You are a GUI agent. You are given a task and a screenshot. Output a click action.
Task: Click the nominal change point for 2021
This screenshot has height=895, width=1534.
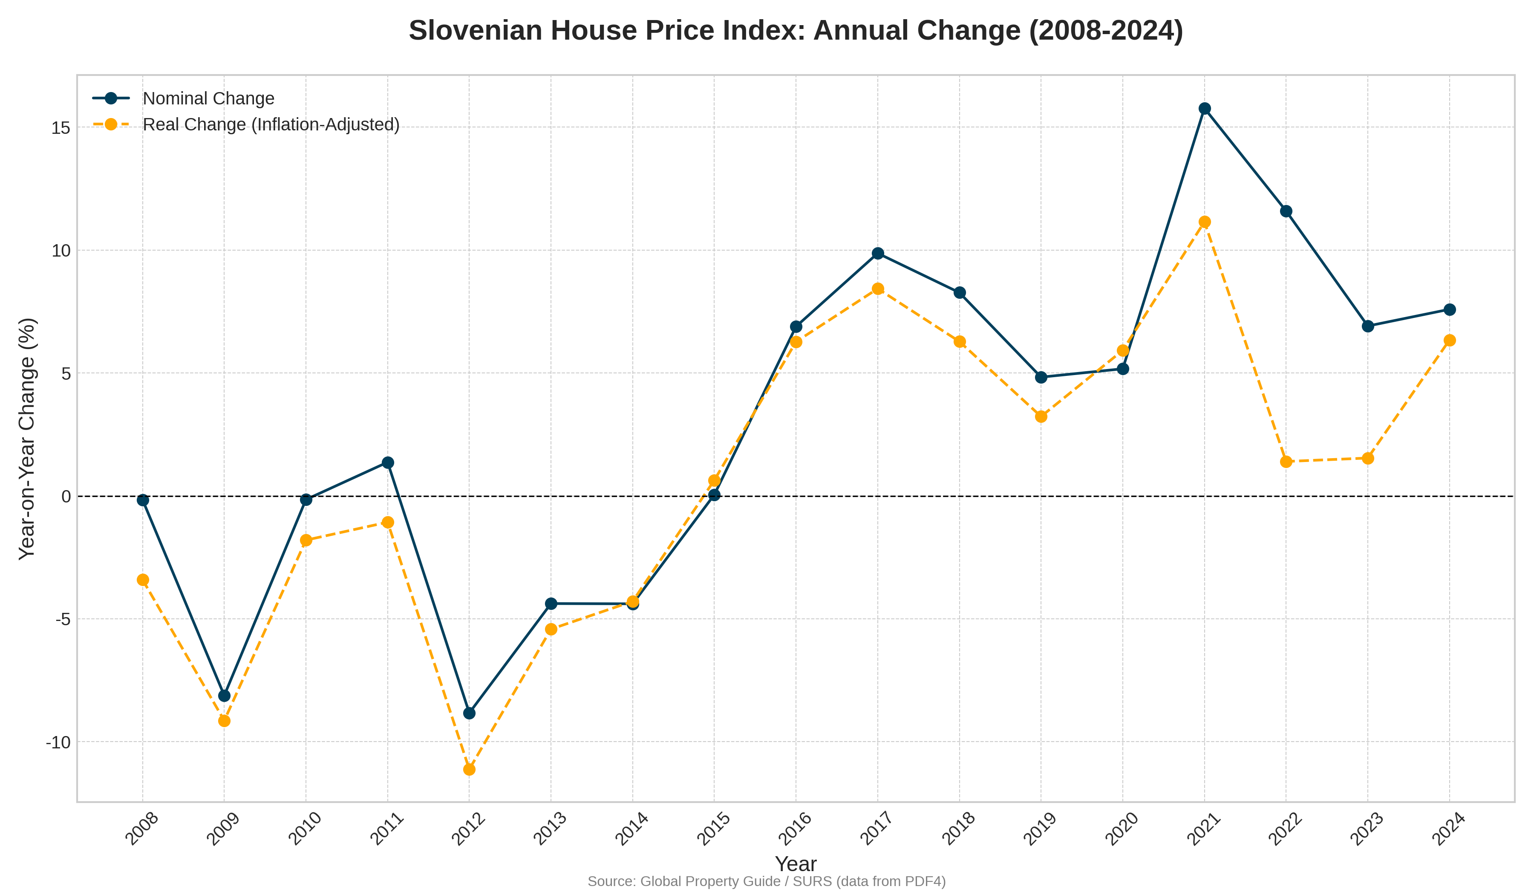(1204, 108)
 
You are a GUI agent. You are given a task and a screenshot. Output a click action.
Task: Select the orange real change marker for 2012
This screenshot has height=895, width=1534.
(469, 770)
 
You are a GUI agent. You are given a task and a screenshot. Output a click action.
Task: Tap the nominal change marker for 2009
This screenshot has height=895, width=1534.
(224, 696)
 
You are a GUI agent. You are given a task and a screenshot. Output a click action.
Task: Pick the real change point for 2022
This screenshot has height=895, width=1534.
(1286, 462)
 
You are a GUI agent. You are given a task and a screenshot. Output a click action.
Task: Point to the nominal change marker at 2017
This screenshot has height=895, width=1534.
(878, 253)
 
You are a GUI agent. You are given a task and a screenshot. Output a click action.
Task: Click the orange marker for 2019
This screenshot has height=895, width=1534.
(1041, 416)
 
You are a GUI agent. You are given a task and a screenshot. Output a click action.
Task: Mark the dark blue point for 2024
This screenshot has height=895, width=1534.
(1449, 309)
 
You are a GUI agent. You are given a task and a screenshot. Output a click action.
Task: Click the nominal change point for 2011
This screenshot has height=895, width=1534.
(388, 463)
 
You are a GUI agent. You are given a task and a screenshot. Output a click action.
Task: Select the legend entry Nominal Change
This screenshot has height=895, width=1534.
(208, 98)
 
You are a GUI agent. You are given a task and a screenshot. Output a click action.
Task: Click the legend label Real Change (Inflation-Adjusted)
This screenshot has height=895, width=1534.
(271, 125)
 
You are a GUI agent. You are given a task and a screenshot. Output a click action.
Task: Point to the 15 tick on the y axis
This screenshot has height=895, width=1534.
(61, 128)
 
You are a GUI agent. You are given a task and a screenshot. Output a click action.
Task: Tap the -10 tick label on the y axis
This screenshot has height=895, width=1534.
(58, 742)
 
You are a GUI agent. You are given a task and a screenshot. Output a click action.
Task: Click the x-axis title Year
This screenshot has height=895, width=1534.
(796, 863)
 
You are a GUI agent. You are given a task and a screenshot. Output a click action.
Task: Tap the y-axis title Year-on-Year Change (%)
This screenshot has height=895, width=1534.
(27, 439)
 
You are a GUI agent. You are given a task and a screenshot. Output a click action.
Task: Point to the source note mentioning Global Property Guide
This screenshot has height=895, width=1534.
(767, 881)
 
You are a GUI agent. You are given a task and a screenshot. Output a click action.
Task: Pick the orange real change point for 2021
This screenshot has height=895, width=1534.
(1204, 222)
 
